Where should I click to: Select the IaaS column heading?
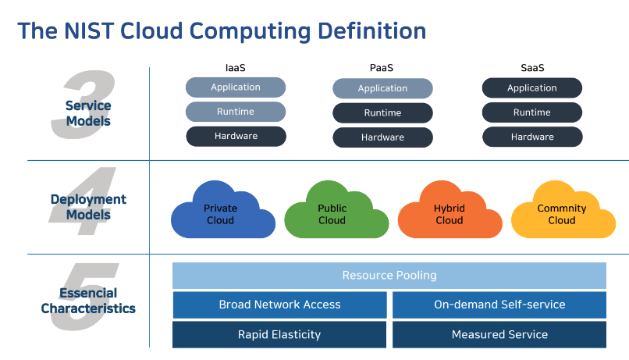235,68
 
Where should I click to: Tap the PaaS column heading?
382,68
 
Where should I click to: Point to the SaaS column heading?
532,68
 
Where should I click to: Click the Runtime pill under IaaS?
236,112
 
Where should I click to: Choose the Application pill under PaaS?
382,88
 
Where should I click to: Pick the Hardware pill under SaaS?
532,137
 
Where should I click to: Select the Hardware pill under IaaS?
236,136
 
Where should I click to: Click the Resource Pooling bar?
389,276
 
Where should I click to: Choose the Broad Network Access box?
279,305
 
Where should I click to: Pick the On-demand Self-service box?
499,305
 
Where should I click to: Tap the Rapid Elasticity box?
279,334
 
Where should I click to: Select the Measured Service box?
499,334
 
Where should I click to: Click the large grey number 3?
83,105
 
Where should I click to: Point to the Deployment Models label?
88,207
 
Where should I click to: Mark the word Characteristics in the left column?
88,308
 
